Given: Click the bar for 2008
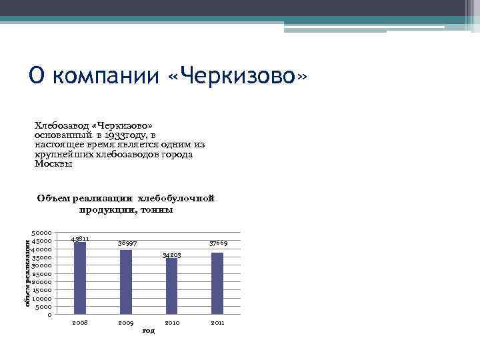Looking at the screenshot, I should pyautogui.click(x=80, y=278).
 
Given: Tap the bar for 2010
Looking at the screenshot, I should pyautogui.click(x=172, y=286).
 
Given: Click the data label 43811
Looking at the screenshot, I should pyautogui.click(x=80, y=238).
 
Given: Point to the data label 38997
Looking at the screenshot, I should pyautogui.click(x=127, y=243).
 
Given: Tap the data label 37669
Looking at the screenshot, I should pyautogui.click(x=219, y=243).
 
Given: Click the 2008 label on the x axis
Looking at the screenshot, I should pyautogui.click(x=80, y=323).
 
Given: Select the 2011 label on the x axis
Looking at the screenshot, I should pyautogui.click(x=217, y=323).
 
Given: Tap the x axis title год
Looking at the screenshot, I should pyautogui.click(x=148, y=331).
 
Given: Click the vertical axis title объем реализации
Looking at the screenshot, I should pyautogui.click(x=27, y=274).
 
